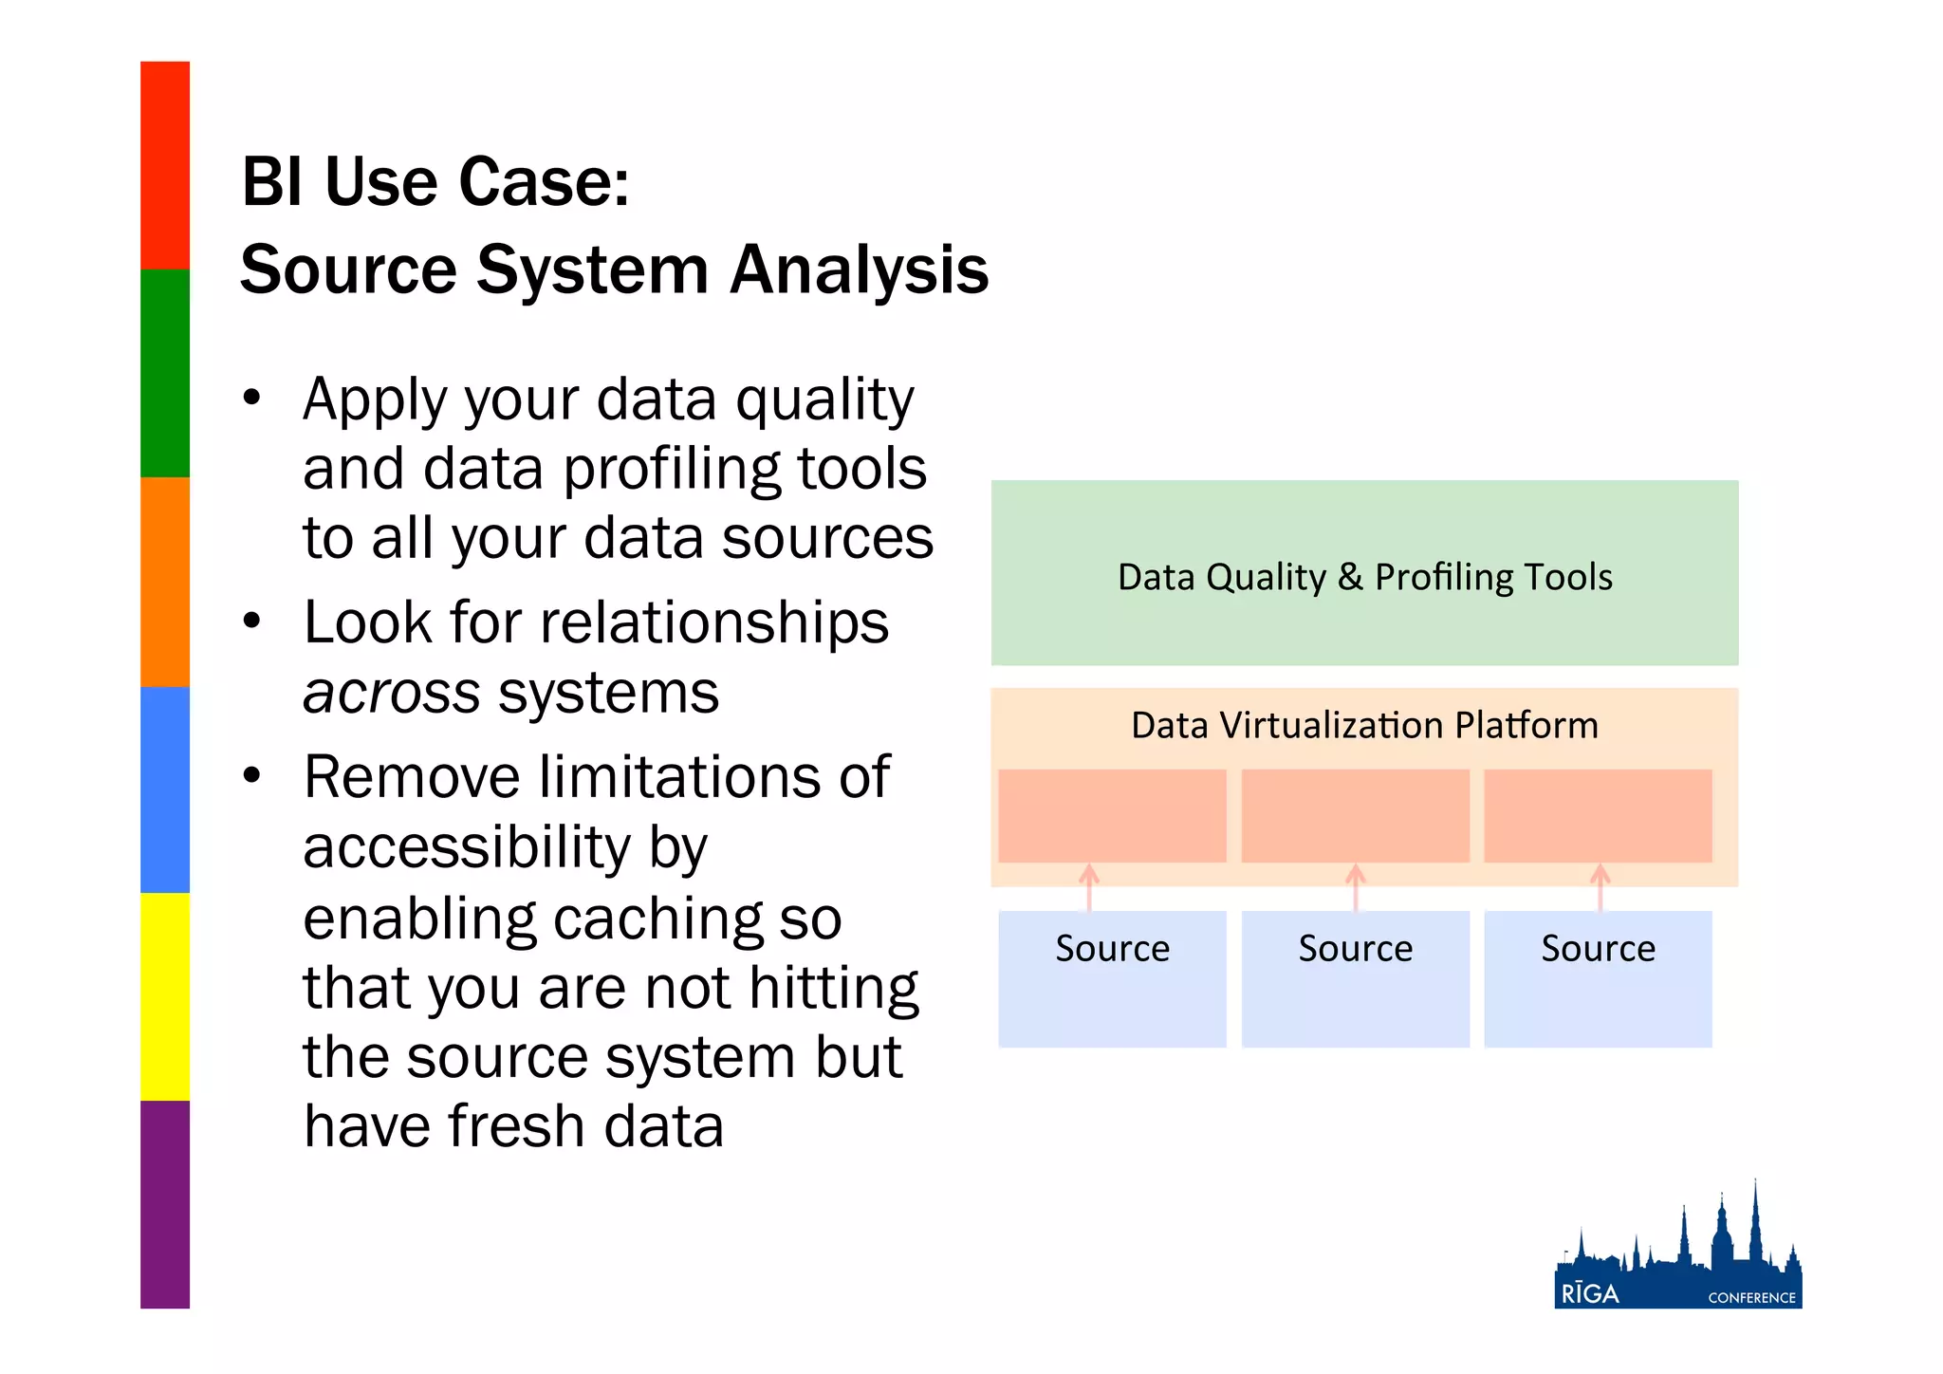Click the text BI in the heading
click(271, 182)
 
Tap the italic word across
click(391, 694)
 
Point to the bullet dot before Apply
click(251, 398)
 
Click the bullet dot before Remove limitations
click(251, 776)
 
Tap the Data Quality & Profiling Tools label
click(1364, 577)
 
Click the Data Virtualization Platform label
click(1364, 726)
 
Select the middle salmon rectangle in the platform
click(1355, 816)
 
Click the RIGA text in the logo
click(1590, 1294)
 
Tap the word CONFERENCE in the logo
click(1751, 1298)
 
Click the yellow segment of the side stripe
click(165, 996)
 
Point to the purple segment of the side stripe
click(165, 1205)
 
